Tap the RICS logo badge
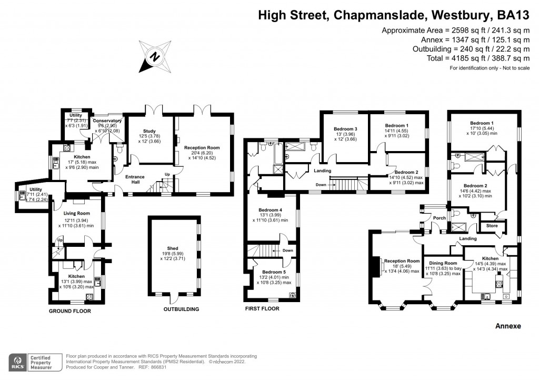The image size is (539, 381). [18, 363]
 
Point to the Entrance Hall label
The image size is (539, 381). [135, 177]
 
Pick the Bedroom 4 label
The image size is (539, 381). [270, 210]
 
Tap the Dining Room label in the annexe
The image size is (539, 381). [443, 263]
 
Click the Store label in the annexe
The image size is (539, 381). [492, 227]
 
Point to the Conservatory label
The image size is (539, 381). [107, 121]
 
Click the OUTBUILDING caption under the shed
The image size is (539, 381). [181, 309]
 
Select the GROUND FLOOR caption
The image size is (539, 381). [70, 311]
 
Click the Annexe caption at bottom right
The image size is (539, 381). [508, 326]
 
